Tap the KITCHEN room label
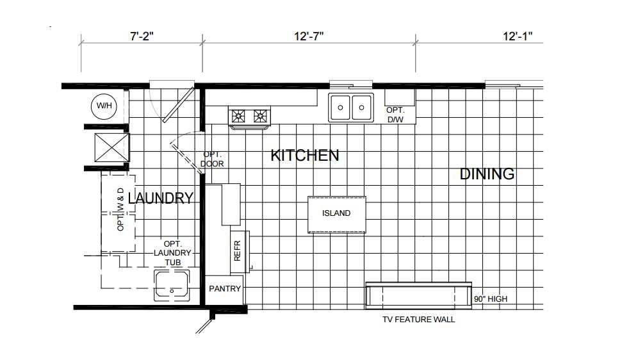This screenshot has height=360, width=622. [x=305, y=156]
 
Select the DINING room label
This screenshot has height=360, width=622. [x=487, y=174]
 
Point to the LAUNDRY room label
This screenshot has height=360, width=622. [x=161, y=198]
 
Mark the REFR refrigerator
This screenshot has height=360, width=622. [x=240, y=251]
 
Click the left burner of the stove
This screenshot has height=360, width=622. [x=238, y=116]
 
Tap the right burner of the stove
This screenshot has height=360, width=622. [x=260, y=116]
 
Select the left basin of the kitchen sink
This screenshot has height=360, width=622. [x=340, y=107]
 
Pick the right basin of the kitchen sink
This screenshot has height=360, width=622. [x=362, y=107]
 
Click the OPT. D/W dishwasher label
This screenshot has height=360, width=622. [x=395, y=115]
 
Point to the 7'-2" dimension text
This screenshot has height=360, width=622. [x=142, y=36]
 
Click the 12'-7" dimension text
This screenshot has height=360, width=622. [x=309, y=36]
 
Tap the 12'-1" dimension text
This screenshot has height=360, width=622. [x=518, y=36]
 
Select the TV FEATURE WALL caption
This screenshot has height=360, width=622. [x=418, y=320]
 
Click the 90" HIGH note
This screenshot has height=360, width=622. [x=490, y=299]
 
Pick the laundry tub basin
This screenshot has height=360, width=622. [x=172, y=284]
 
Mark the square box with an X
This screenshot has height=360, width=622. [x=112, y=147]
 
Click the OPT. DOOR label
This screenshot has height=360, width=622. [x=212, y=159]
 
